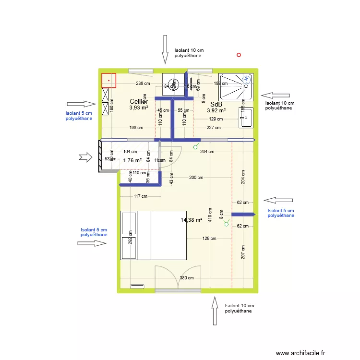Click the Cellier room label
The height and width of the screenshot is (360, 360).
tap(138, 101)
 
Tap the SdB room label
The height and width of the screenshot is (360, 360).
tap(216, 104)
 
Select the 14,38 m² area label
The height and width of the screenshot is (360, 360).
tap(191, 220)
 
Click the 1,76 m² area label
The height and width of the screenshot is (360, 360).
tap(132, 161)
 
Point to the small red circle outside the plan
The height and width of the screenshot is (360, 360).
tap(239, 55)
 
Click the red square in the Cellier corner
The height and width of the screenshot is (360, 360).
tap(108, 80)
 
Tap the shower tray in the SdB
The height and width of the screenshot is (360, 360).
tap(236, 87)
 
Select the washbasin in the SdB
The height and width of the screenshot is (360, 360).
tap(246, 118)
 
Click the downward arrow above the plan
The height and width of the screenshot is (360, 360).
tap(165, 49)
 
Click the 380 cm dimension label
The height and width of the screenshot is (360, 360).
tap(186, 278)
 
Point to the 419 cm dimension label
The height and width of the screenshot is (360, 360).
tap(210, 214)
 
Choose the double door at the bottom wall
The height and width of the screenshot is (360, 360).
tap(178, 278)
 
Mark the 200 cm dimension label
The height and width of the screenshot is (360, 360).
tap(196, 178)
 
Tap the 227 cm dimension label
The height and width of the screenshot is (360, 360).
tap(213, 128)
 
